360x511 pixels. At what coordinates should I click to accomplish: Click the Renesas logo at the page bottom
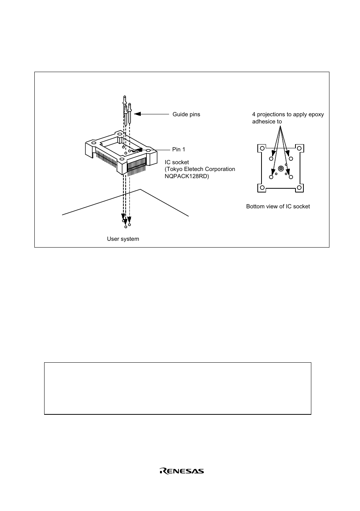point(182,471)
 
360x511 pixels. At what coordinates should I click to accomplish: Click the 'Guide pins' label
point(186,114)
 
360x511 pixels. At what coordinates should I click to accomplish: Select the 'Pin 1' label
point(178,149)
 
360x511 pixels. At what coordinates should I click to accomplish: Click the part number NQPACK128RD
point(187,176)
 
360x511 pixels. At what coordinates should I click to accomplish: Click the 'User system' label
point(123,239)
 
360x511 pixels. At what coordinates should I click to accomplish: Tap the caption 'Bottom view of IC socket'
point(278,206)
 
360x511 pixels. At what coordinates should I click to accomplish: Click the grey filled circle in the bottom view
point(280,168)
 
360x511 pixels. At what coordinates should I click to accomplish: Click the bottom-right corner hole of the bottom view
point(299,188)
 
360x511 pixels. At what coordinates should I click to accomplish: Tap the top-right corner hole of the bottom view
point(299,148)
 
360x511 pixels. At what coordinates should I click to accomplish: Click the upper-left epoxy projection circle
point(271,159)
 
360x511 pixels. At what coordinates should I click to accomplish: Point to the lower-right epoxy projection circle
point(291,177)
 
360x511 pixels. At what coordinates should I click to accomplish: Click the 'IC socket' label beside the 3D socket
point(177,162)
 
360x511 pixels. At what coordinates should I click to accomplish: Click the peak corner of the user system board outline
point(141,189)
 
